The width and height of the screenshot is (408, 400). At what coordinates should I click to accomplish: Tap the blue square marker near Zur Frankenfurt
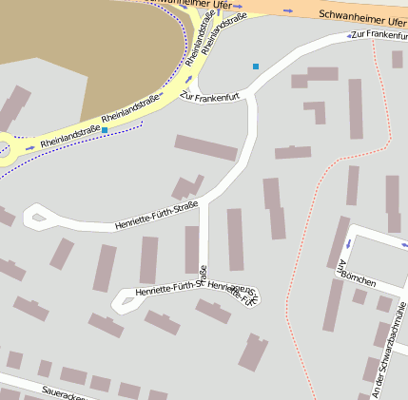256,66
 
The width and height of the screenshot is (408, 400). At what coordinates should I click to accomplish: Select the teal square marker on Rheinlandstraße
105,128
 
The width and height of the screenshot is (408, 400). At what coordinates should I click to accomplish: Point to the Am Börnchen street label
356,274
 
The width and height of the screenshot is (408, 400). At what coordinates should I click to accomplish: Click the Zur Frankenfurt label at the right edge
379,35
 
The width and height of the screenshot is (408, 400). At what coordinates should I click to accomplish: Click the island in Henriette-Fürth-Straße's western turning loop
39,218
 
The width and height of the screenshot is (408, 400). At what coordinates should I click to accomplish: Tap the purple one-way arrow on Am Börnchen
349,244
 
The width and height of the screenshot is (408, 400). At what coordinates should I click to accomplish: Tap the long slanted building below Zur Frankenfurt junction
205,147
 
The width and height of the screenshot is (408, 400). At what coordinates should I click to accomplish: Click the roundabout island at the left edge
2,147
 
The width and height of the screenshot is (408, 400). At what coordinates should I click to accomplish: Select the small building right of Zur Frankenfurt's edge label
397,59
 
